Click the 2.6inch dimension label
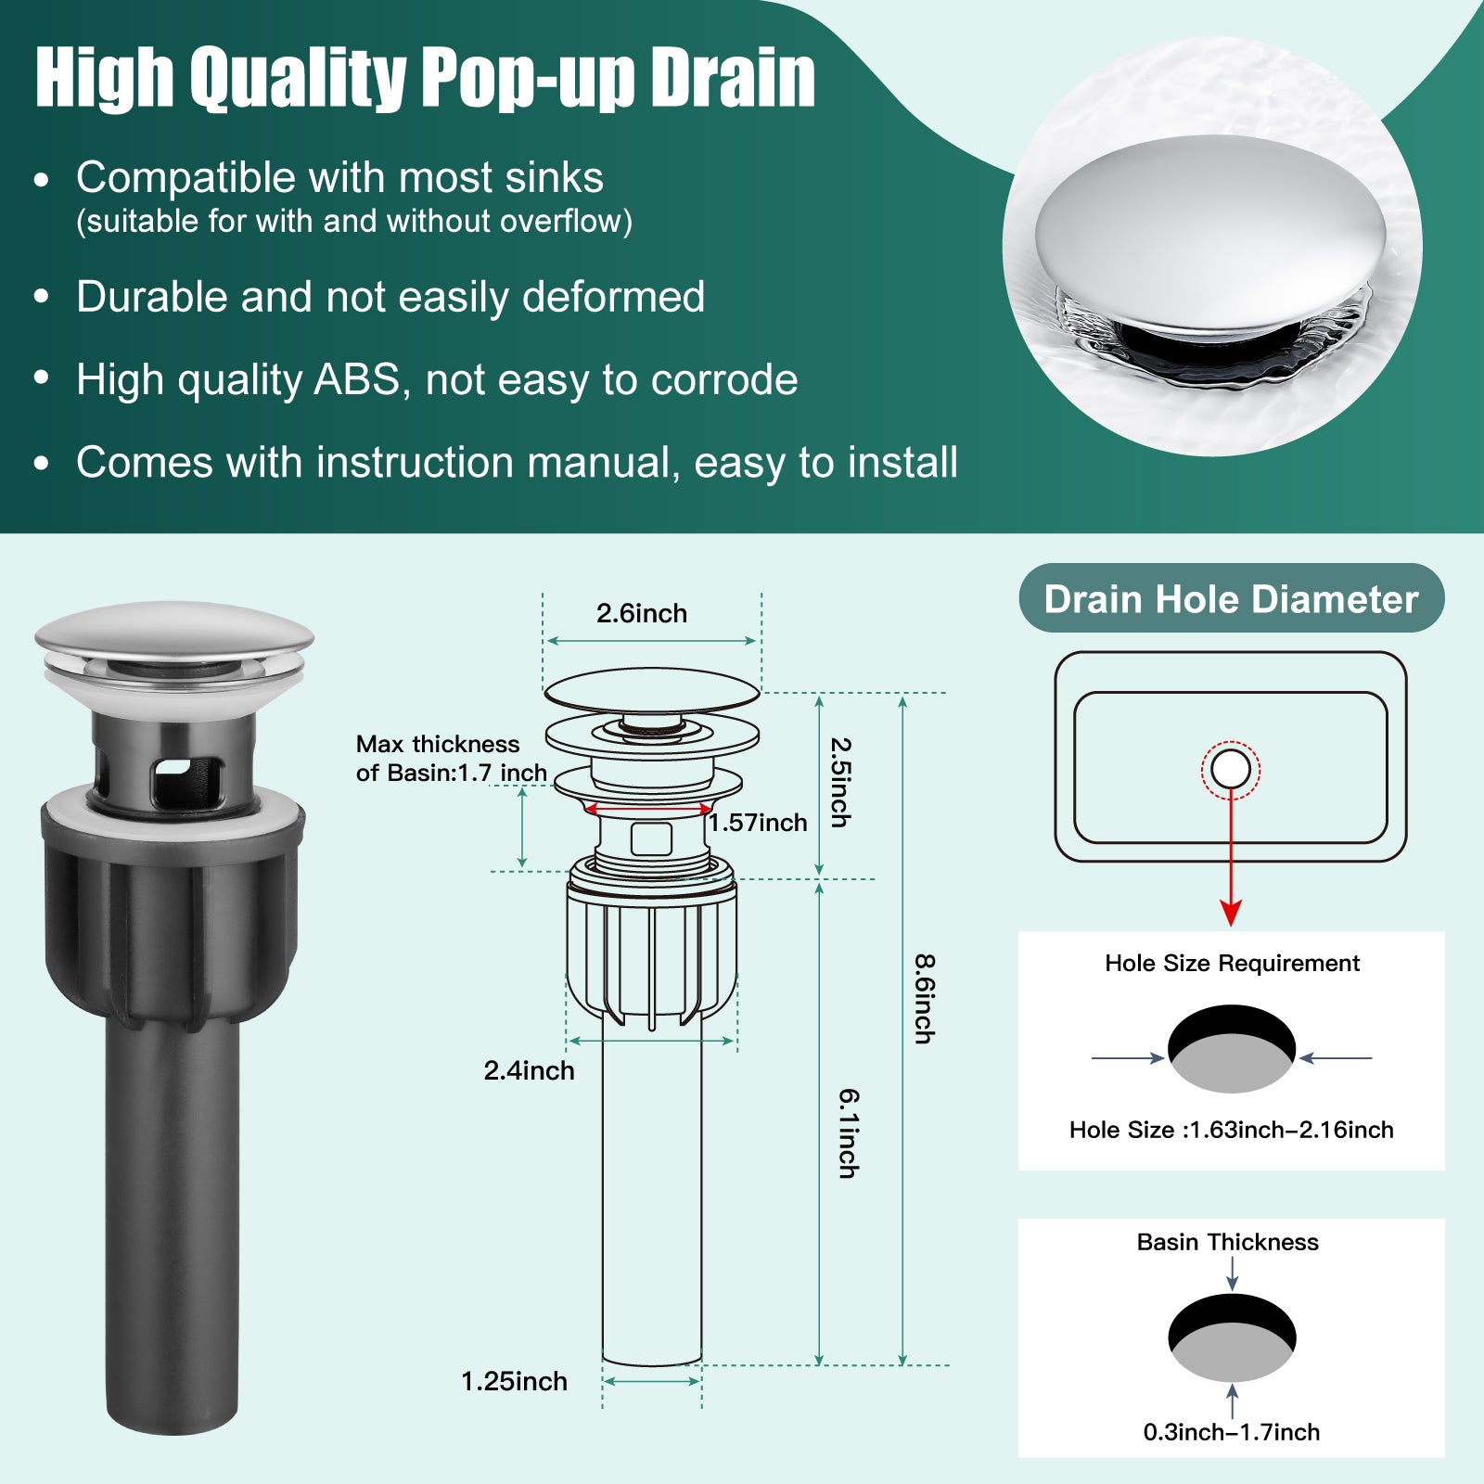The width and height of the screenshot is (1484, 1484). [x=642, y=613]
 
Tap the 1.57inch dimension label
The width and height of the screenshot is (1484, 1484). [x=759, y=823]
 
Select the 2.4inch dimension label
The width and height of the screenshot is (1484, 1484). [x=529, y=1070]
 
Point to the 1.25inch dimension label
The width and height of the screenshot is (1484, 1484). [x=514, y=1381]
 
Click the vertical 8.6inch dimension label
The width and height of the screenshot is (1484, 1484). [x=924, y=999]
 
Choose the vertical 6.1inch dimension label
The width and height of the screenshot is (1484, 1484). [x=849, y=1133]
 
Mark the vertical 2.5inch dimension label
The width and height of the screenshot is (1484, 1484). [x=839, y=782]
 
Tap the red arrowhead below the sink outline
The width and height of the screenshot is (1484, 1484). [x=1231, y=913]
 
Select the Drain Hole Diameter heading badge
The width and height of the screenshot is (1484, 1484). [x=1232, y=598]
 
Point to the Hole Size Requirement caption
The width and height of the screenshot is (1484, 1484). [x=1232, y=964]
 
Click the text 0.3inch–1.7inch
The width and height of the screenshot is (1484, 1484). [x=1231, y=1432]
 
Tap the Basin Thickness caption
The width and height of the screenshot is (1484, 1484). [x=1227, y=1242]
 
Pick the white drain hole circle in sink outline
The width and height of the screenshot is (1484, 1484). [x=1231, y=770]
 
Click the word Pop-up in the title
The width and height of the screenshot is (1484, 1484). [x=528, y=78]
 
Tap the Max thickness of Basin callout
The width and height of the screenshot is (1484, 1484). [x=451, y=759]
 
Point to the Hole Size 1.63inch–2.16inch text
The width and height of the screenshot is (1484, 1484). [x=1231, y=1130]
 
